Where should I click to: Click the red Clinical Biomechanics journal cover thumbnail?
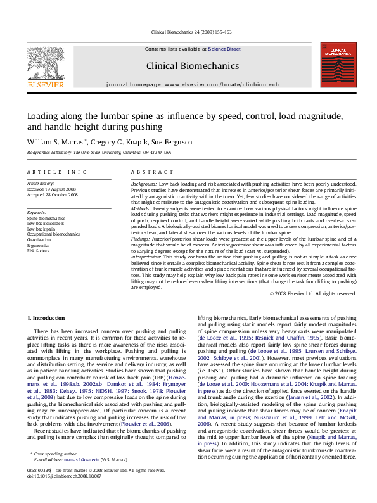[x=337, y=65]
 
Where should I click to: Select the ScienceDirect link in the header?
[x=224, y=49]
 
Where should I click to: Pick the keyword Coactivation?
[x=40, y=240]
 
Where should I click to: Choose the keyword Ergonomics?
[x=38, y=246]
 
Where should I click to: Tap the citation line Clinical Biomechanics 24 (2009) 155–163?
[x=191, y=32]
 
